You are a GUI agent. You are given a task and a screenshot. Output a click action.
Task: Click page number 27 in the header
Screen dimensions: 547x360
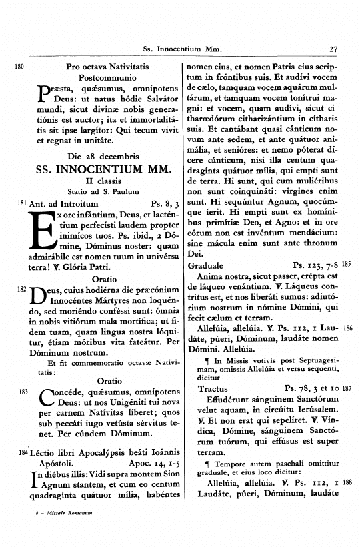pyautogui.click(x=335, y=49)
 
